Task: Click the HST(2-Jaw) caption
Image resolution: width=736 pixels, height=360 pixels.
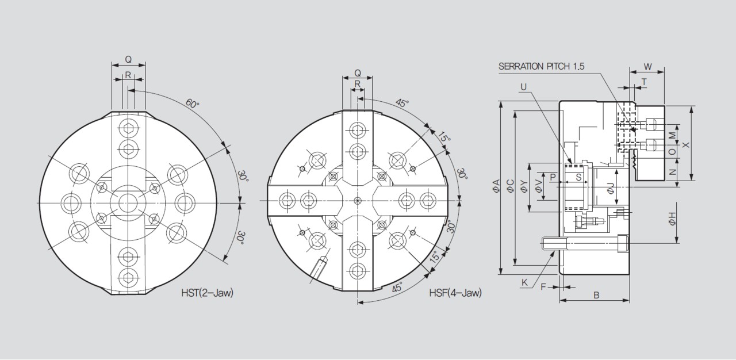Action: [207, 293]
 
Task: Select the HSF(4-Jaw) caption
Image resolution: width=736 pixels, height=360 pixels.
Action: [455, 293]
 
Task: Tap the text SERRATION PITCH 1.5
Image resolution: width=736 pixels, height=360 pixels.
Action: [542, 66]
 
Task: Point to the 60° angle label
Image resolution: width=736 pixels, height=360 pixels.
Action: [193, 104]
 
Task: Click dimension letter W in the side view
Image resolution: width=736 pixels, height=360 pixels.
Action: [647, 67]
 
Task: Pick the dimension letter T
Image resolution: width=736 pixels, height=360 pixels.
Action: [644, 82]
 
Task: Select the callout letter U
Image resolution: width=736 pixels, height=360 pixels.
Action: [524, 87]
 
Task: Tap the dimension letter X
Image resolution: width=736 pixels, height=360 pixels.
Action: [686, 144]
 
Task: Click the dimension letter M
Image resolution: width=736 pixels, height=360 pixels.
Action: [672, 135]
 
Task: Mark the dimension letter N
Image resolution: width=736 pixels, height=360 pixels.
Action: [672, 172]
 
